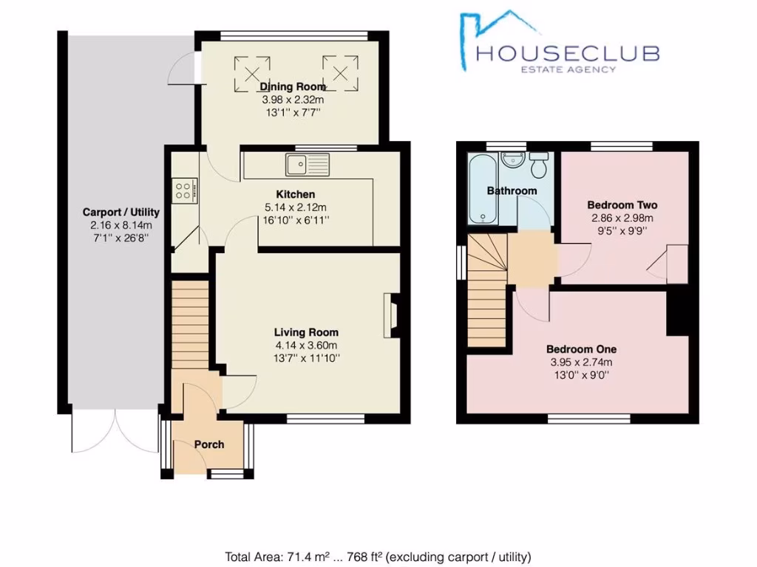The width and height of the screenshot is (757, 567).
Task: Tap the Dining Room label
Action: tap(293, 86)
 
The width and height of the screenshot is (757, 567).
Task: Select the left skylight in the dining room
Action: tap(247, 72)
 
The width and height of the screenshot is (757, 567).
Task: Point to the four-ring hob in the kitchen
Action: tap(183, 190)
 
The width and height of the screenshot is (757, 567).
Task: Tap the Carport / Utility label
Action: tap(120, 212)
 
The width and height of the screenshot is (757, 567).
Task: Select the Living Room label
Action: tap(306, 332)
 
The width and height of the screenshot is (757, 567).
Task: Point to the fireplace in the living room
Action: tap(391, 315)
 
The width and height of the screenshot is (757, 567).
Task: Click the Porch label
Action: tap(208, 444)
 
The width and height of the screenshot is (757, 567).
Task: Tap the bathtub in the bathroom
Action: tap(481, 190)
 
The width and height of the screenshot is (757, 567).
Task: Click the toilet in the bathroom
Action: tap(540, 165)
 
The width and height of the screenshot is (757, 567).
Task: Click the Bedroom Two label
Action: tap(622, 205)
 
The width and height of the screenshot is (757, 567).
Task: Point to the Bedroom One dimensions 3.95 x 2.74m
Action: tap(581, 362)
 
